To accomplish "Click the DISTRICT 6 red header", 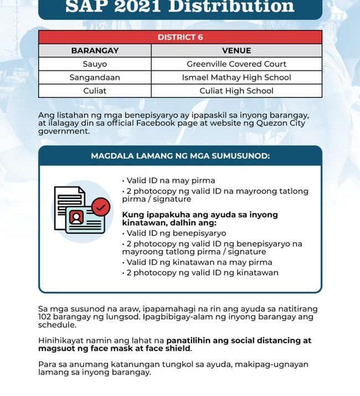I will pyautogui.click(x=180, y=37).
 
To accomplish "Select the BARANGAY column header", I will pyautogui.click(x=95, y=50).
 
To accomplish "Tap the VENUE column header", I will pyautogui.click(x=236, y=50).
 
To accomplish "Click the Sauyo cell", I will pyautogui.click(x=95, y=64).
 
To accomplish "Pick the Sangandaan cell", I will pyautogui.click(x=95, y=78).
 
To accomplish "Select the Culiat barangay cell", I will pyautogui.click(x=95, y=91).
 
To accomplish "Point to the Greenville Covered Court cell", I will pyautogui.click(x=236, y=64).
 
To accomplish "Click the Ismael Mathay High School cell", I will pyautogui.click(x=236, y=78).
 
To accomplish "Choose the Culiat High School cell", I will pyautogui.click(x=236, y=91).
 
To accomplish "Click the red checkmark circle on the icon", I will pyautogui.click(x=100, y=208).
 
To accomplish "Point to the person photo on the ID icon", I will pyautogui.click(x=76, y=215).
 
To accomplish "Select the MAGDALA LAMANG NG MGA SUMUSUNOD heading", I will pyautogui.click(x=180, y=156).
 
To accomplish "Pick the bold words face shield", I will pyautogui.click(x=171, y=349).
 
